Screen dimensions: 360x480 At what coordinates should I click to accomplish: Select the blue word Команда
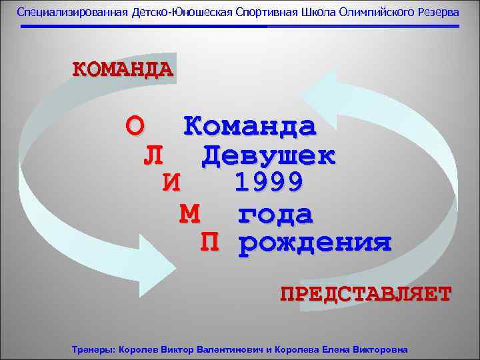[x=250, y=125]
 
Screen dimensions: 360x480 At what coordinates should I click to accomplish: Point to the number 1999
[x=269, y=181]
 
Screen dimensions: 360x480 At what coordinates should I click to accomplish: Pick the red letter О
[x=134, y=125]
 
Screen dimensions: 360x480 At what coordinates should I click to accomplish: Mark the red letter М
[x=190, y=214]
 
